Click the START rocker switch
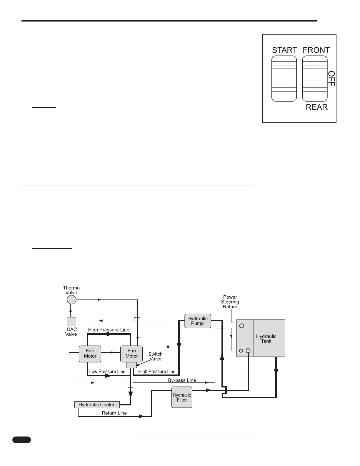pos(284,79)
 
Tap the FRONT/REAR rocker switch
pos(315,79)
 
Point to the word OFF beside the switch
pos(331,79)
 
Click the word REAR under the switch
pos(316,107)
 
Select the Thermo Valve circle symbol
pos(71,300)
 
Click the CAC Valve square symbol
pos(71,322)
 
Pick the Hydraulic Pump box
pos(198,321)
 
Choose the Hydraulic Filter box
pos(182,397)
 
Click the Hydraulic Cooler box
pos(97,405)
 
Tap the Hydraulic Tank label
pos(266,339)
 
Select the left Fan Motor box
pos(90,354)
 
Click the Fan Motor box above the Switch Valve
pos(131,354)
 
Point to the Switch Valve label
pos(155,357)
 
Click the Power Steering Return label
pos(230,302)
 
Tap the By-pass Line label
pos(182,380)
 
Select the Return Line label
pos(114,413)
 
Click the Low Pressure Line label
pos(107,372)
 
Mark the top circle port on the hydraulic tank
pos(242,326)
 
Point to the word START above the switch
pos(284,50)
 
